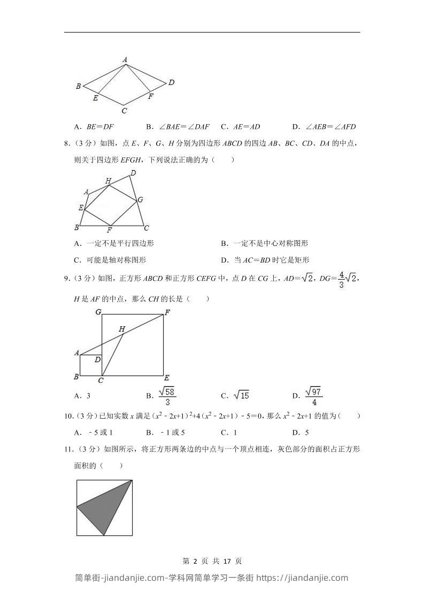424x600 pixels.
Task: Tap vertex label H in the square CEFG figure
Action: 122,329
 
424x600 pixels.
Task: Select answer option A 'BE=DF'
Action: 95,127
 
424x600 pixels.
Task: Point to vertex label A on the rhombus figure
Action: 125,59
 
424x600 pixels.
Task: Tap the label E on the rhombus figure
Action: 96,98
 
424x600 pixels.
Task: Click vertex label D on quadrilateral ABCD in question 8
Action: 133,173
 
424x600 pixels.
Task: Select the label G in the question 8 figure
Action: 140,199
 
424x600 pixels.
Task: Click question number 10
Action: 67,416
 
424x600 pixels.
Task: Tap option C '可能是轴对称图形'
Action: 110,260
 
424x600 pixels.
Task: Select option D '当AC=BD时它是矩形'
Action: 265,260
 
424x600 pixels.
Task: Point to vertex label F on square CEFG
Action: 167,312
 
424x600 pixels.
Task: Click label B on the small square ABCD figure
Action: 76,376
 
